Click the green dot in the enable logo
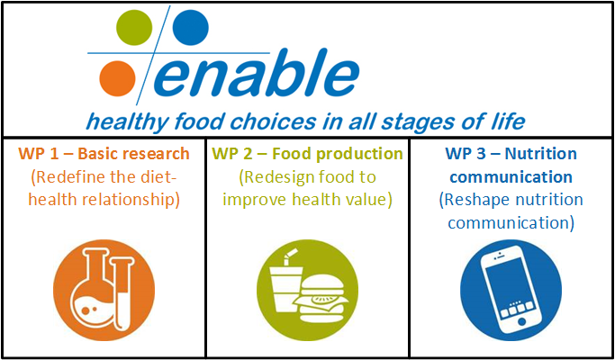click(x=134, y=27)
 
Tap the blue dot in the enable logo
click(x=191, y=27)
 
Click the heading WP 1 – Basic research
click(x=104, y=154)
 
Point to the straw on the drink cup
click(x=289, y=256)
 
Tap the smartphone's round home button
click(x=521, y=321)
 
